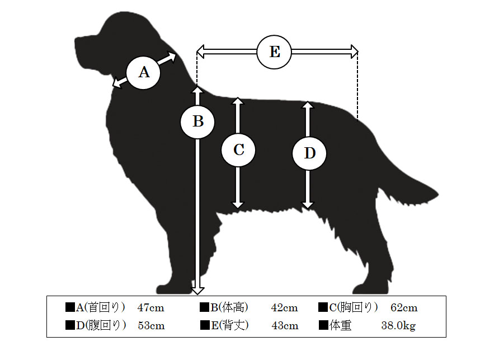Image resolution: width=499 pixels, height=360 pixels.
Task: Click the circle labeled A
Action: [x=143, y=73]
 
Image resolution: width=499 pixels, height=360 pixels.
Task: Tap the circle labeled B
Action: [x=197, y=121]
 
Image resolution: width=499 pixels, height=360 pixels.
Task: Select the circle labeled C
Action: [x=238, y=149]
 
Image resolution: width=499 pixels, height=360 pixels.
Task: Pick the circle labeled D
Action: [x=309, y=153]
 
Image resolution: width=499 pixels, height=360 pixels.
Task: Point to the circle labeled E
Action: [x=274, y=52]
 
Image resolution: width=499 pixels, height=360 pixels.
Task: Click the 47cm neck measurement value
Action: [x=151, y=308]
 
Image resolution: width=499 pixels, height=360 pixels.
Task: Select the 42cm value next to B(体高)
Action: [x=285, y=308]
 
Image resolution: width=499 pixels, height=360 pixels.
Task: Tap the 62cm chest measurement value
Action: [x=404, y=308]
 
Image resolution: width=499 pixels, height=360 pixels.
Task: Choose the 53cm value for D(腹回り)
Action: [x=151, y=326]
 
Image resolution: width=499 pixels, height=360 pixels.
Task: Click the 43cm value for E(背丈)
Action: [x=285, y=326]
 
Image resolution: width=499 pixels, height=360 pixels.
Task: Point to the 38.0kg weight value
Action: [x=398, y=326]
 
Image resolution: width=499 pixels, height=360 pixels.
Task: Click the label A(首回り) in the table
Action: [x=100, y=307]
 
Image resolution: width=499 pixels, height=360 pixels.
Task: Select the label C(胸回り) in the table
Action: [x=354, y=307]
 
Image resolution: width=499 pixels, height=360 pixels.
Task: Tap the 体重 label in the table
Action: [x=341, y=326]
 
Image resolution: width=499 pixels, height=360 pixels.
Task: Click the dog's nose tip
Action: [x=76, y=40]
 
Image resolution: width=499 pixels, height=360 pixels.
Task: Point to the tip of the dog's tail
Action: [x=438, y=194]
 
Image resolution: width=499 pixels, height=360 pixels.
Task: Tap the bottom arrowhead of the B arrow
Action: [x=197, y=290]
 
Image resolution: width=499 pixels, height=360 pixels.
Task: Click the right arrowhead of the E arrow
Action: [x=354, y=52]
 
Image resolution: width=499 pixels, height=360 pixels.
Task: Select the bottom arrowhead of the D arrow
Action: [x=308, y=205]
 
